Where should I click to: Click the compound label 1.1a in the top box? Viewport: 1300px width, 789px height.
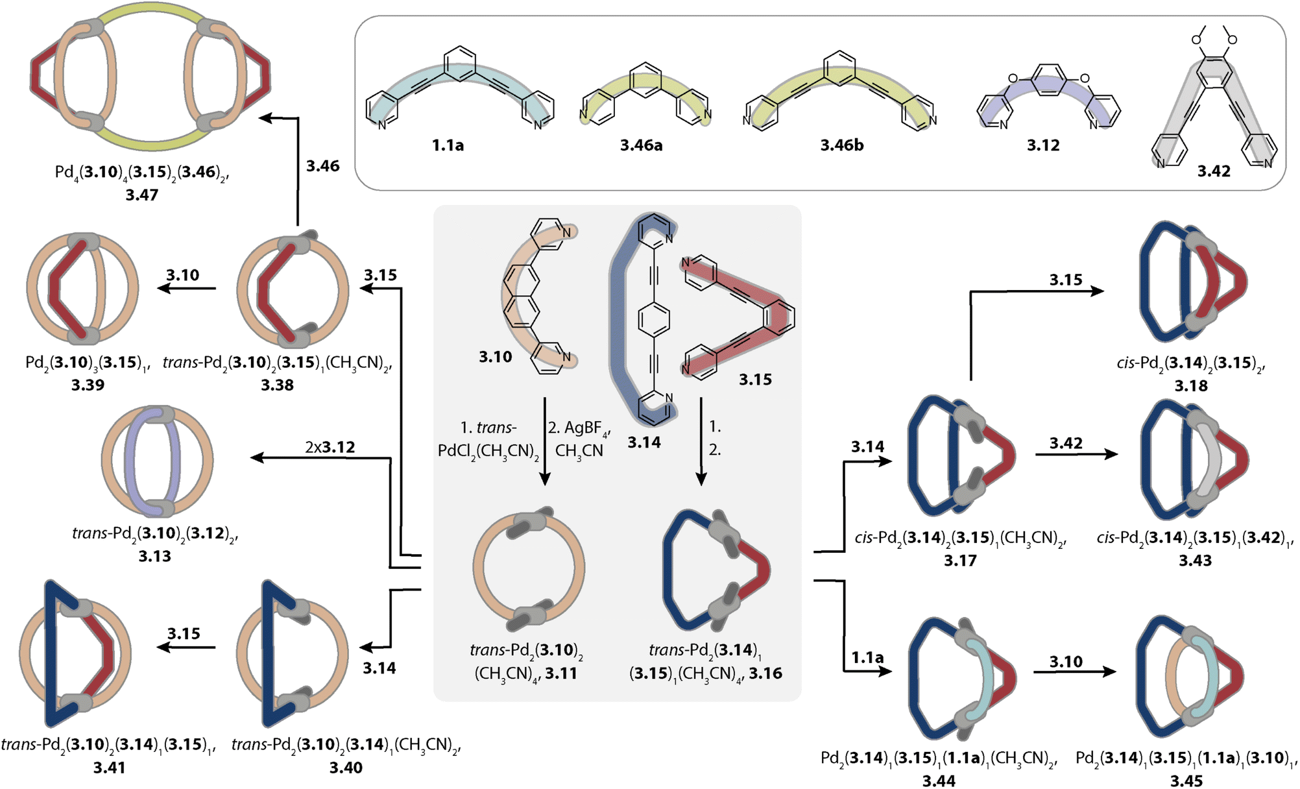448,145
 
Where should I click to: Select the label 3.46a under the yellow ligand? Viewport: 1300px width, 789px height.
641,145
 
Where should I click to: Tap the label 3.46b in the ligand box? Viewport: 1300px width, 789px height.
841,145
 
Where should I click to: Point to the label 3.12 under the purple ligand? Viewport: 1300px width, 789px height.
1043,145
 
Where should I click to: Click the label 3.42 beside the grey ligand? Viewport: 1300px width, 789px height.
1214,171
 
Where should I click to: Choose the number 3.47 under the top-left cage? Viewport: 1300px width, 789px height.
141,195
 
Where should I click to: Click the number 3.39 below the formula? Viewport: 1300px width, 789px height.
88,385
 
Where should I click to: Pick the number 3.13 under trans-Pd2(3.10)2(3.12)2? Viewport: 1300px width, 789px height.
154,556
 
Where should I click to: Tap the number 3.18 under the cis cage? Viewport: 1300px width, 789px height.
1191,386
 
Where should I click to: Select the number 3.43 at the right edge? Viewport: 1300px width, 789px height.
1195,561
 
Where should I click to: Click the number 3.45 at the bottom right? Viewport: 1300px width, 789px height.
1186,781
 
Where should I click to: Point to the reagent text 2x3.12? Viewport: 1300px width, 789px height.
330,447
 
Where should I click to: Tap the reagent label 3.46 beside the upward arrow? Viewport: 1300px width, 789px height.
322,166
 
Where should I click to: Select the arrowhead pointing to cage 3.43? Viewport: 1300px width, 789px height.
1111,454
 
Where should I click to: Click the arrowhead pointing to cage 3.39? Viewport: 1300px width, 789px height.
164,287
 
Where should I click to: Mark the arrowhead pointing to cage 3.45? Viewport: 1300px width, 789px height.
1109,672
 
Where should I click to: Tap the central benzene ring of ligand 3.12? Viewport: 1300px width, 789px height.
1048,80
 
